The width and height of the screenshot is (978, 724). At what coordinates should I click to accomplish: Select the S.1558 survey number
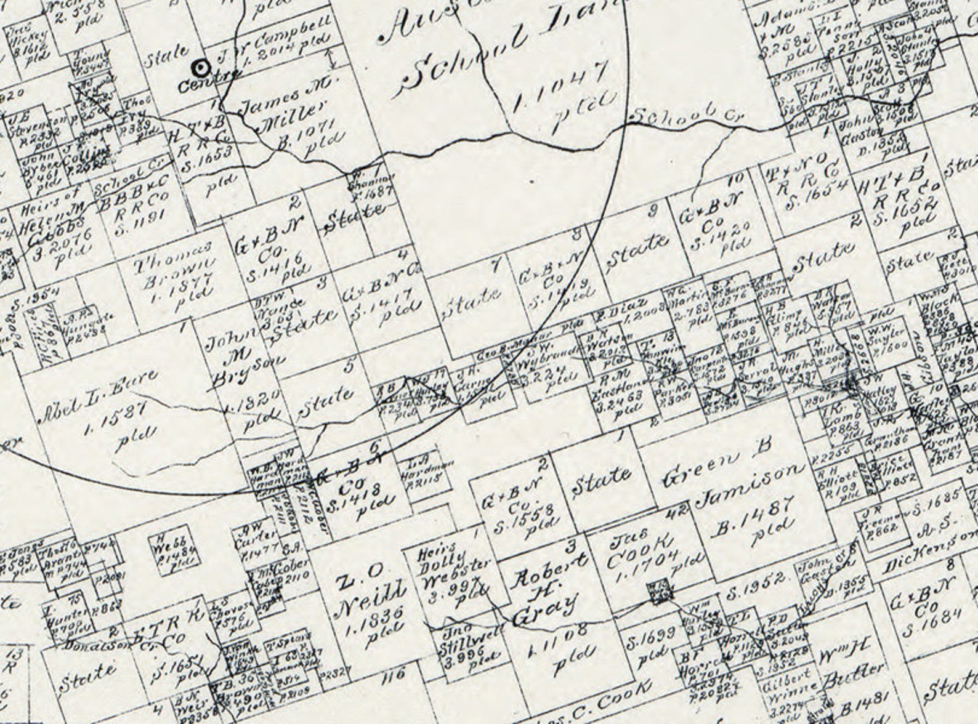527,514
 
